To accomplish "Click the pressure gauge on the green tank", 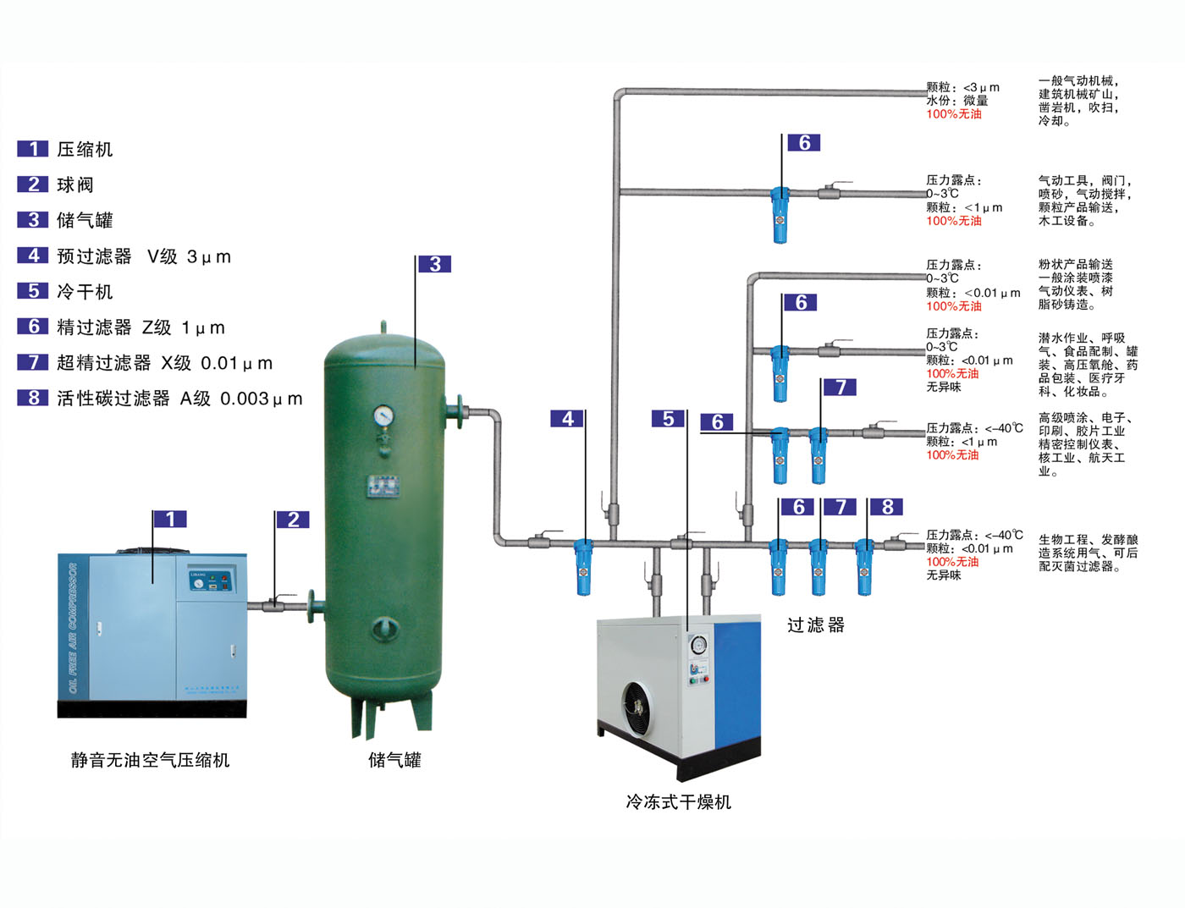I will coord(384,415).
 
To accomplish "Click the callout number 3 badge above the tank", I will coord(435,264).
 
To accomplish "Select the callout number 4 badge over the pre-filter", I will coord(567,419).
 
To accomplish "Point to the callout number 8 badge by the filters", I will coord(887,507).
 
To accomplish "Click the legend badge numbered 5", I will coord(33,291).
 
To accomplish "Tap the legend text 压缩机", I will coord(85,150).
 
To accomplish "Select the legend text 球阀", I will coord(75,185).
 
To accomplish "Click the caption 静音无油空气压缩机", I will coord(150,760).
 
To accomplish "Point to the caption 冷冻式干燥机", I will coord(678,801).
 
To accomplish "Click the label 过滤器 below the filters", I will coord(816,625).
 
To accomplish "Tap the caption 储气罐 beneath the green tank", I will coord(394,760).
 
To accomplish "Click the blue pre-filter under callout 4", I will coord(583,566).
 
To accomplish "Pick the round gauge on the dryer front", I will coord(698,646).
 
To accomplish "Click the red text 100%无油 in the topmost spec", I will coord(954,114).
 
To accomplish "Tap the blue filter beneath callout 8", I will coord(863,566).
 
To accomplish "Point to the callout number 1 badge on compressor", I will coord(170,519).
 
